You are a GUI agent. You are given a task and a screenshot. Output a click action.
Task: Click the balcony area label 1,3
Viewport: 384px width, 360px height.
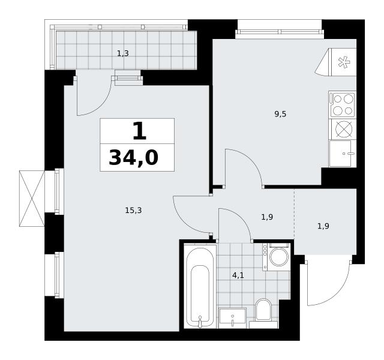point(122,53)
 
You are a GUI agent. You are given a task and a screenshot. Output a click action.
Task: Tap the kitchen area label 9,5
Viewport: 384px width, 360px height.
point(280,114)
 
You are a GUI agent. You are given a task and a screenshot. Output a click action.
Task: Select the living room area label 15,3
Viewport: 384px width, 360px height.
point(133,211)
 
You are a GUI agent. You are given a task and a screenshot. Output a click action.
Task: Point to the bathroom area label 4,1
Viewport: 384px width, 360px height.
point(238,275)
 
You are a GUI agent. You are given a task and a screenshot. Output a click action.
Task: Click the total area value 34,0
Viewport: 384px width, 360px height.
point(134,158)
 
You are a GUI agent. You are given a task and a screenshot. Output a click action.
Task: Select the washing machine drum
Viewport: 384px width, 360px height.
point(279,257)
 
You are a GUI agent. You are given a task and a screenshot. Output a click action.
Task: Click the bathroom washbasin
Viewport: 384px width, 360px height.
point(232,318)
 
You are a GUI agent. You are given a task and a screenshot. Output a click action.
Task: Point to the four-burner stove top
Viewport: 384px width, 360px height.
point(343,105)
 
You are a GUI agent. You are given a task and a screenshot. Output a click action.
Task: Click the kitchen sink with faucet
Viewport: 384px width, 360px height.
point(343,154)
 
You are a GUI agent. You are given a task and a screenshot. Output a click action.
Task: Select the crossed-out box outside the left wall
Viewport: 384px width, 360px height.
point(32,199)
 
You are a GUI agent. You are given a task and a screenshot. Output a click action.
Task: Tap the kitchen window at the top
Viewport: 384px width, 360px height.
point(280,32)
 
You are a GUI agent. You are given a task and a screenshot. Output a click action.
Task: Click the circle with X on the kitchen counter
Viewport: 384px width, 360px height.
point(344,129)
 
